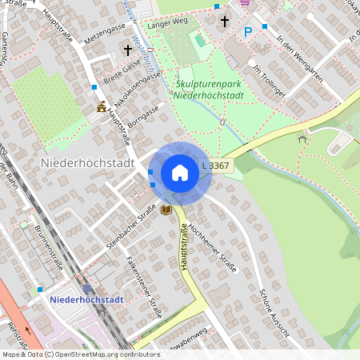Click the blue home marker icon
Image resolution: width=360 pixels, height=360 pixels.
coord(180,173)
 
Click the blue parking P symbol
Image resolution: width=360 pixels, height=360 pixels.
coord(248,31)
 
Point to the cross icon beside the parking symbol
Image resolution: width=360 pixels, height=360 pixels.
coord(225,21)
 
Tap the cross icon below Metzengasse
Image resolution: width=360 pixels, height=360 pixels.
coord(127,50)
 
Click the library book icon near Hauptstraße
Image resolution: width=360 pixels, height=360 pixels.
coord(166,210)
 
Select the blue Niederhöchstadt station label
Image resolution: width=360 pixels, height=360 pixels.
coord(86,299)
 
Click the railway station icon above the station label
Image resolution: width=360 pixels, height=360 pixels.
coord(86,289)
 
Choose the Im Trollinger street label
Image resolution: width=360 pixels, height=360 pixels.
coord(269,82)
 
